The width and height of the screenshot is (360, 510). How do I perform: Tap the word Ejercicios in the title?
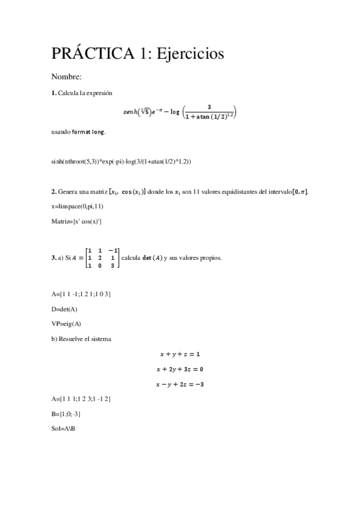[x=190, y=54]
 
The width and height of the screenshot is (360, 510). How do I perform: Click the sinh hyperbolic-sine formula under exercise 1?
[x=180, y=112]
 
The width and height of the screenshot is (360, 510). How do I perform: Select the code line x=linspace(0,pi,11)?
[x=78, y=206]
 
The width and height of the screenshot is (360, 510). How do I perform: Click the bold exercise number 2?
[x=53, y=192]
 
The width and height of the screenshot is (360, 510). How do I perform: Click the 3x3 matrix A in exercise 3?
[x=102, y=257]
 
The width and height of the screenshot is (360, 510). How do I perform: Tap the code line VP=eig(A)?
[x=66, y=324]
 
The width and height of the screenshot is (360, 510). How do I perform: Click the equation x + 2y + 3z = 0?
[x=180, y=369]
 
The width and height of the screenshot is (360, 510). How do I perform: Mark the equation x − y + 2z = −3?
[x=180, y=384]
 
